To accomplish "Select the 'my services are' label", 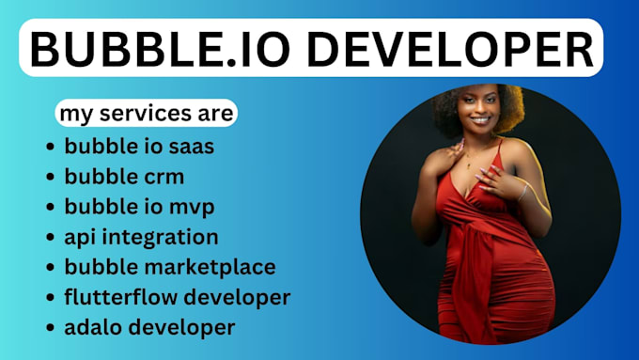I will coord(145,114).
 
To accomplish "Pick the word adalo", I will coord(93,327).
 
